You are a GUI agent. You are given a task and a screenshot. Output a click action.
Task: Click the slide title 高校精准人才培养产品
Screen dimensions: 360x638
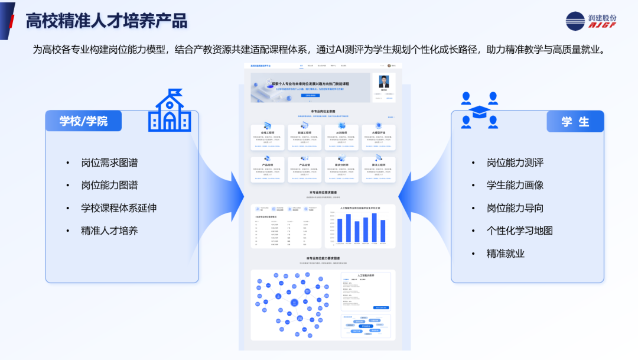pyautogui.click(x=106, y=21)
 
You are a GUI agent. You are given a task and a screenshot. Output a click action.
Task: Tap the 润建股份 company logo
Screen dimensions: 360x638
pyautogui.click(x=591, y=21)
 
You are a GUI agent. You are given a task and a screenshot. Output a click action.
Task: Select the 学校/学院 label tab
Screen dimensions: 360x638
pyautogui.click(x=83, y=121)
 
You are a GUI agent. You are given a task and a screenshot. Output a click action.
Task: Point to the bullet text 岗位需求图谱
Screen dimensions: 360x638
pyautogui.click(x=109, y=163)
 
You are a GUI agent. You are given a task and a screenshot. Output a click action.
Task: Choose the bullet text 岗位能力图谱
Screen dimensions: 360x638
pyautogui.click(x=109, y=185)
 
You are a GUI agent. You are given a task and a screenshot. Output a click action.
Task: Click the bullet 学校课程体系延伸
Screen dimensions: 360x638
pyautogui.click(x=119, y=207)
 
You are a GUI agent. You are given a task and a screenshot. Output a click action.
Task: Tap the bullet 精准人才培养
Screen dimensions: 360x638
pyautogui.click(x=109, y=230)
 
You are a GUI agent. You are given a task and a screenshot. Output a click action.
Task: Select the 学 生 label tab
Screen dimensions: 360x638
pyautogui.click(x=575, y=121)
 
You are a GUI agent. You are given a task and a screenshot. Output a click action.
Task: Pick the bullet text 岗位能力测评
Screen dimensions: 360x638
pyautogui.click(x=515, y=163)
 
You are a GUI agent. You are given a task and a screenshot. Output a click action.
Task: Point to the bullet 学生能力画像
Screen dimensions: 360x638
pyautogui.click(x=515, y=185)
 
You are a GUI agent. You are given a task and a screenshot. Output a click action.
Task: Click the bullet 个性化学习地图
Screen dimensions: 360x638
pyautogui.click(x=520, y=231)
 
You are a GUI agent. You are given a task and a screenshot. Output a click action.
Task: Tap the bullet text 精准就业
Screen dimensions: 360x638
pyautogui.click(x=506, y=253)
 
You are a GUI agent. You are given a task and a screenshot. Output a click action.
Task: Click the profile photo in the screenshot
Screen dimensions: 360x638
pyautogui.click(x=384, y=82)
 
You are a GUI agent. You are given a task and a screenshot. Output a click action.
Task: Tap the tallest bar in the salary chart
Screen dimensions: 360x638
pyautogui.click(x=374, y=228)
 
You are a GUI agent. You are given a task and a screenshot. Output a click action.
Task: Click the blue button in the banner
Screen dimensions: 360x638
pyautogui.click(x=310, y=95)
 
